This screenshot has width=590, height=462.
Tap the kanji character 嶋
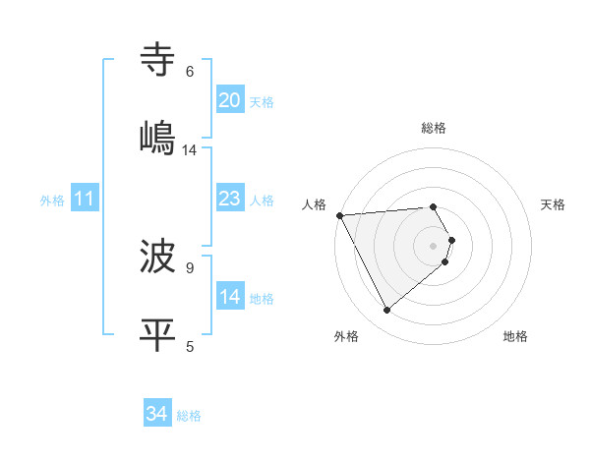tap(158, 139)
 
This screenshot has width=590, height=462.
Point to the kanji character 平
tap(158, 335)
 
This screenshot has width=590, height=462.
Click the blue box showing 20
tap(230, 100)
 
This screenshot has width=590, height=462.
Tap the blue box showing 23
tap(230, 200)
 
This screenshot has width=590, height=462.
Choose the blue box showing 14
tap(230, 298)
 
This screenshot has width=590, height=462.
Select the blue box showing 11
tap(85, 200)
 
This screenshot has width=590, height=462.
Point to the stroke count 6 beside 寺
tap(190, 72)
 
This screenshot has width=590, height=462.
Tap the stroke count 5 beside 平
tap(190, 345)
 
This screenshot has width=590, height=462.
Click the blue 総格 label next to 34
tap(189, 416)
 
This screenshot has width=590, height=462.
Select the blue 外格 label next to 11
tap(52, 201)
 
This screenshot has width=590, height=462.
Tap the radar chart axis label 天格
tap(553, 204)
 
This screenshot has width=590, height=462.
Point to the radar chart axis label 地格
tap(515, 336)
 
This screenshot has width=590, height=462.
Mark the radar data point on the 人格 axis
tap(339, 214)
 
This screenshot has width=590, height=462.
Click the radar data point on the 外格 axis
tap(386, 311)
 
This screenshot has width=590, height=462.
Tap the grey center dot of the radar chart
tap(434, 245)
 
